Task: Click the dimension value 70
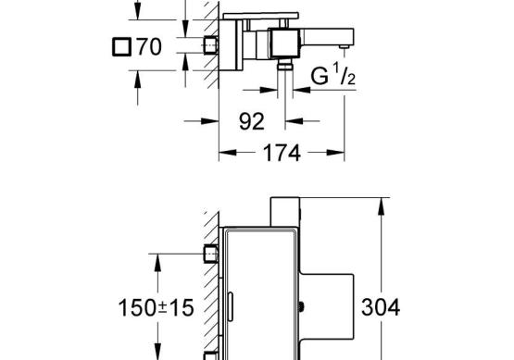point(149,46)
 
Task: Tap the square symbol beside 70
point(122,46)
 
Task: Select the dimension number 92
point(251,121)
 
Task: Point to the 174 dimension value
point(282,153)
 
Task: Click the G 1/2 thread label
point(332,75)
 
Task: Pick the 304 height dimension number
point(381,307)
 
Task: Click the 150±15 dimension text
point(156,308)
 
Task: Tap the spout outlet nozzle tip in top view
point(344,47)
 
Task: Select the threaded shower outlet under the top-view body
point(285,65)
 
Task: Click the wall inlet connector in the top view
point(211,45)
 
